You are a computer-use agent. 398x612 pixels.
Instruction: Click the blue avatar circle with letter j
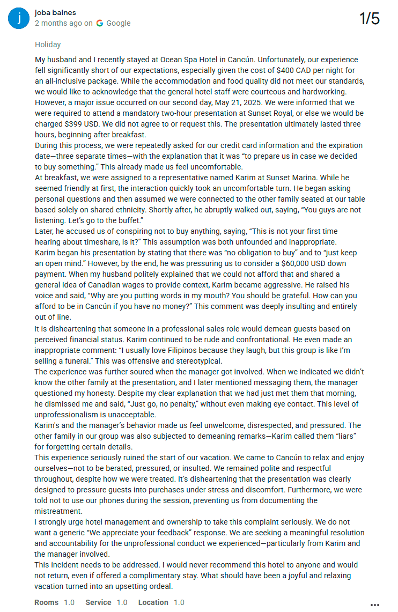19,18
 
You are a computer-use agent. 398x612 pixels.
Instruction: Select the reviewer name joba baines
55,12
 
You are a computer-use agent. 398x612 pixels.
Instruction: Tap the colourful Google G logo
100,23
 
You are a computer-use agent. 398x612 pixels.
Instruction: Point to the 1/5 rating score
370,19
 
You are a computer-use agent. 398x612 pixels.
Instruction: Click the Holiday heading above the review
48,45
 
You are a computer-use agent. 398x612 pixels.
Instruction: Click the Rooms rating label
47,602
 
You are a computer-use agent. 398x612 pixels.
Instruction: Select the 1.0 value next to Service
122,602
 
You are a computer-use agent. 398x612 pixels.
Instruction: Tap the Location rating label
153,602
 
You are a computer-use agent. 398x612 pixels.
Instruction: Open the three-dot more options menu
375,604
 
